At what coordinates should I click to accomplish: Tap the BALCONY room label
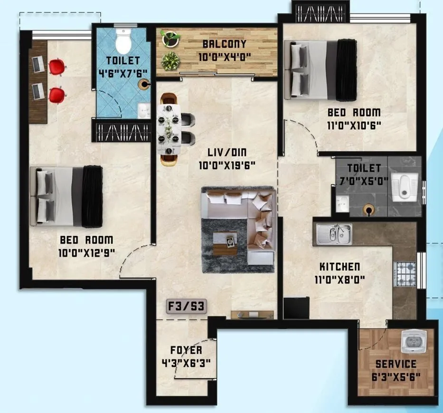(x=225, y=44)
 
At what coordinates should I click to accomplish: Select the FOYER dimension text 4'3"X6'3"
(x=186, y=362)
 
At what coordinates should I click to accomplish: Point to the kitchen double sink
(x=334, y=233)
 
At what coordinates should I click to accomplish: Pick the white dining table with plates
(x=170, y=128)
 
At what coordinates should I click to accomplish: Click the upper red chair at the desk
(x=56, y=67)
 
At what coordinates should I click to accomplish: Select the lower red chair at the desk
(x=56, y=94)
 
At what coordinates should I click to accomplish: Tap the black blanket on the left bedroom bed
(x=92, y=196)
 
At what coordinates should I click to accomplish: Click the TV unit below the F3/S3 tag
(x=252, y=314)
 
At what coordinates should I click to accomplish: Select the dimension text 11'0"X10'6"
(x=354, y=125)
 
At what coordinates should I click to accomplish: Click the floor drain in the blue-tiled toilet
(x=143, y=85)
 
